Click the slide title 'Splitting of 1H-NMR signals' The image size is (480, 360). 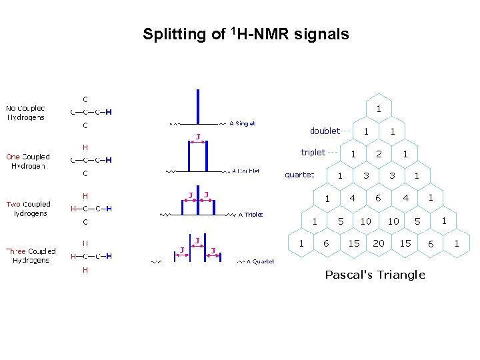(245, 34)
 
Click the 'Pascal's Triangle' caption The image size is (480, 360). (375, 275)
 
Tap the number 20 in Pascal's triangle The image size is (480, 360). (379, 243)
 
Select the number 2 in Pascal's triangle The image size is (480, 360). (379, 154)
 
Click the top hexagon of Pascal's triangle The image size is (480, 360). (379, 109)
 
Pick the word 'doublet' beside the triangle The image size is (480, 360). (325, 131)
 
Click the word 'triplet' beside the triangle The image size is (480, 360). (313, 152)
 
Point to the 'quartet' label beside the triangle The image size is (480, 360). (299, 175)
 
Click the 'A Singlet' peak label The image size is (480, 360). (242, 123)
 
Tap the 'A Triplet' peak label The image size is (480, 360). (251, 215)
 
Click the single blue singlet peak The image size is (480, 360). (198, 106)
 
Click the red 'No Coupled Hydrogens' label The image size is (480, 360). (26, 113)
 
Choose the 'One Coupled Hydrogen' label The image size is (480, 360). (28, 161)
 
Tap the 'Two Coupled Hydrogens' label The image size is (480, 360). (29, 209)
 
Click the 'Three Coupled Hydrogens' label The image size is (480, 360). (31, 255)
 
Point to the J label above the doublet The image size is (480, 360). (197, 137)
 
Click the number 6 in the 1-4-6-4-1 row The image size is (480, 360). (378, 198)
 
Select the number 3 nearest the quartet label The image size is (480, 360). (365, 176)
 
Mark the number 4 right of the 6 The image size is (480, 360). (405, 198)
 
